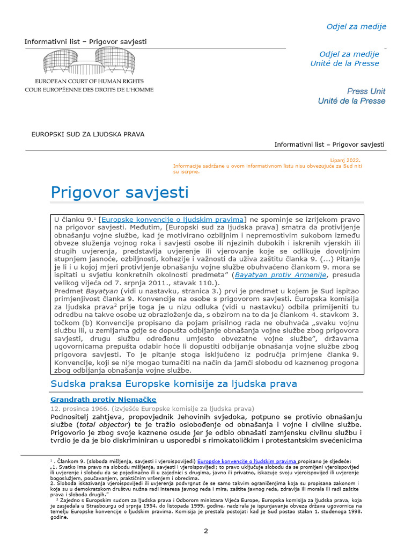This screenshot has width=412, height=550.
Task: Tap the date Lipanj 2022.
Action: [x=345, y=160]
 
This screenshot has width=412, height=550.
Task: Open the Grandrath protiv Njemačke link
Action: [x=103, y=400]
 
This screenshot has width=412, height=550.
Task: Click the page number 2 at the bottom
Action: [x=205, y=531]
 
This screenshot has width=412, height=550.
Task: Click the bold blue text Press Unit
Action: [x=366, y=91]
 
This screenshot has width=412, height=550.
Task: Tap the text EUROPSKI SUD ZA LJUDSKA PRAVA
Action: [x=88, y=134]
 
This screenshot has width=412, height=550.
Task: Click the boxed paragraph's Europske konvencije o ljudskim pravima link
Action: [x=172, y=220]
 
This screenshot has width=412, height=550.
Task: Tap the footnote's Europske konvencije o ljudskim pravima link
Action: [x=247, y=461]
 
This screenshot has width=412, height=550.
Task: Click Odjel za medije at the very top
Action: [x=356, y=26]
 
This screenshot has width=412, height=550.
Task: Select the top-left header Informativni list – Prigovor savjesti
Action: [x=85, y=41]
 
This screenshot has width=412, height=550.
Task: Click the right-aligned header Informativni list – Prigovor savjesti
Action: [x=329, y=144]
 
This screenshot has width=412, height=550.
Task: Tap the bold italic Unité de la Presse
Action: [x=351, y=101]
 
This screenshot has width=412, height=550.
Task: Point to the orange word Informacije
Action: [x=187, y=166]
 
